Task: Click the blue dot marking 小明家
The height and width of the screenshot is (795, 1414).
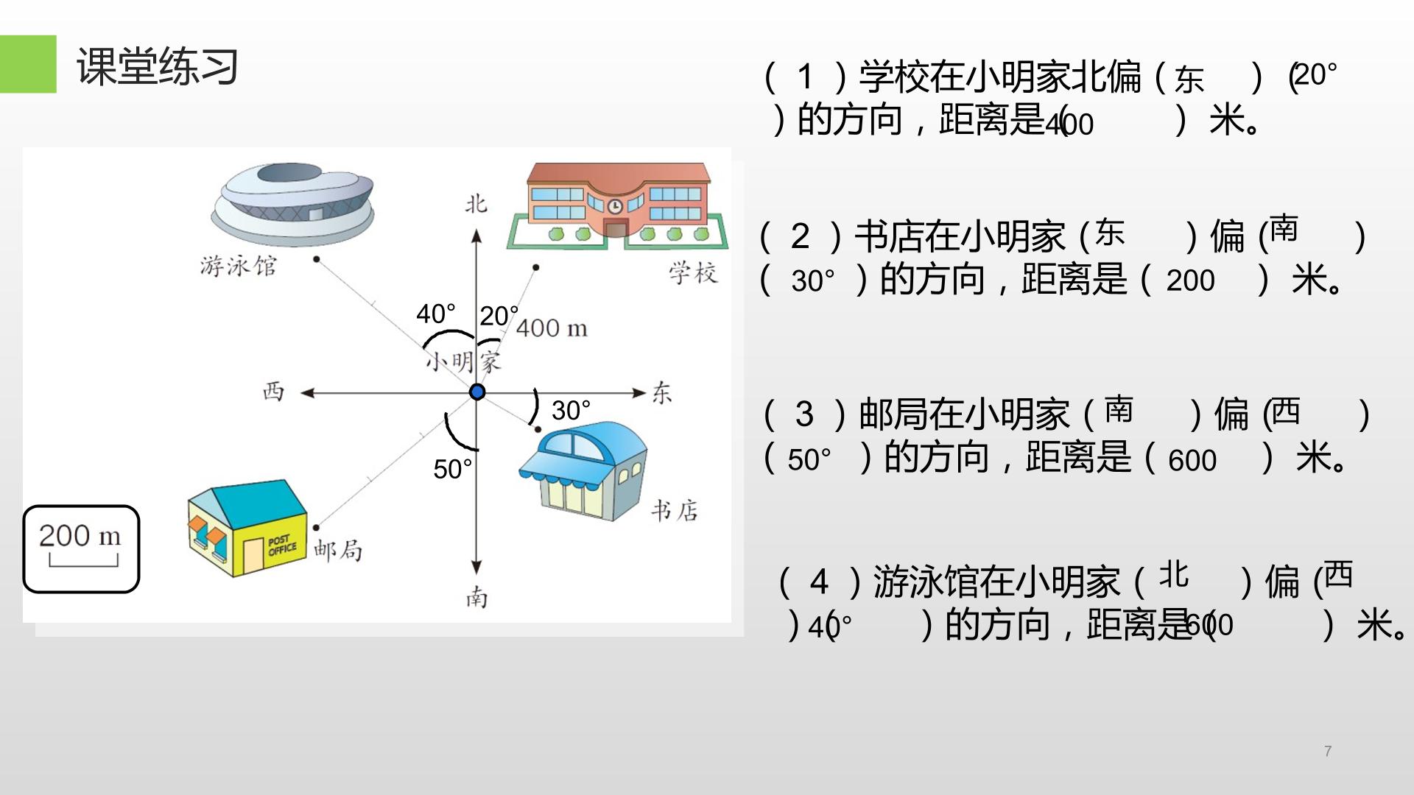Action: coord(477,392)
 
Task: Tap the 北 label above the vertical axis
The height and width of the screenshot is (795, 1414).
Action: coord(476,203)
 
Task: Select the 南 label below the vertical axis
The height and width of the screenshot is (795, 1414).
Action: coord(476,596)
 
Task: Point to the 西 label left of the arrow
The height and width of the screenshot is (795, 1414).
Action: coord(273,391)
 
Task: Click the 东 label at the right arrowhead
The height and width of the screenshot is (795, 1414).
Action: coord(662,392)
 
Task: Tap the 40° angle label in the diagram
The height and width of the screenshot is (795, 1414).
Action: coord(436,314)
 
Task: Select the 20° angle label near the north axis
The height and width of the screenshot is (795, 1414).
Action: coord(499,316)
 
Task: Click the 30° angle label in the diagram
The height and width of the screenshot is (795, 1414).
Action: coord(571,411)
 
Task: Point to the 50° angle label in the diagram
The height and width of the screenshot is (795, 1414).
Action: coord(452,469)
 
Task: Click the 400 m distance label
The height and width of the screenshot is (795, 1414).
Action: coord(552,328)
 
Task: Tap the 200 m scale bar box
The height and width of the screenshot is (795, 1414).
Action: coord(81,549)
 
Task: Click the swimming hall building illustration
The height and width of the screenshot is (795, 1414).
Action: coord(292,204)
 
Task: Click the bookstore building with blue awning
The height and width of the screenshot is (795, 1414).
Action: coord(583,471)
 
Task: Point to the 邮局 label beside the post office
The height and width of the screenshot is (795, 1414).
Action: coord(338,550)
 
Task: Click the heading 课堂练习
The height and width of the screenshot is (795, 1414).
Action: coord(158,66)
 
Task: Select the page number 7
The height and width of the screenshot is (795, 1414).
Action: coord(1328,752)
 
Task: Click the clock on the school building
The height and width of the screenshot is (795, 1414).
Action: coord(615,206)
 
